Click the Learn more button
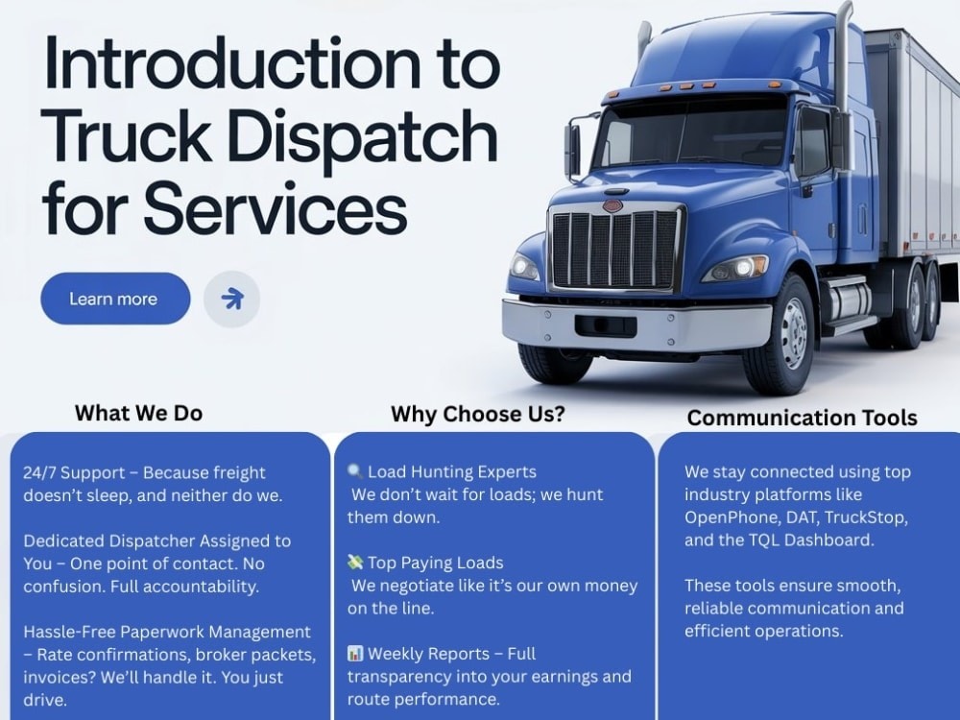115,299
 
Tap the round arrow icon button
232,299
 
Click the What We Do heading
138,413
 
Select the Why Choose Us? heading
477,415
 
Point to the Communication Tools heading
802,418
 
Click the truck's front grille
615,248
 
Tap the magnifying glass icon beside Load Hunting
354,471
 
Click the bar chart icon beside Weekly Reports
354,653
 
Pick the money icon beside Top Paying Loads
354,562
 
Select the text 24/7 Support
65,472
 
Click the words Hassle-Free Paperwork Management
167,632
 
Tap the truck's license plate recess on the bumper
606,325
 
